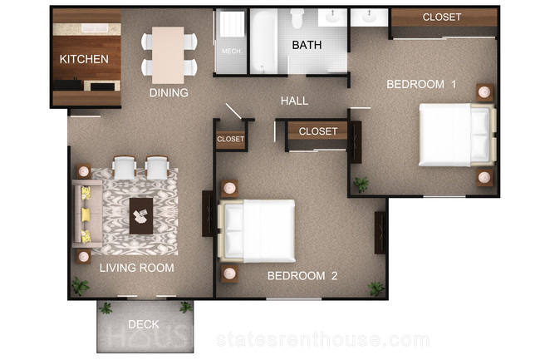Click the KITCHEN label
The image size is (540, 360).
coord(84,59)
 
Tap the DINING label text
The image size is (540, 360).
coord(169,92)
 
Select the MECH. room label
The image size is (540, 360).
coord(232,52)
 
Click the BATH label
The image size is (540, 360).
coord(307,45)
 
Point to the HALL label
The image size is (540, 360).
coord(294,101)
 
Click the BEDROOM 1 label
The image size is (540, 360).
coord(421,85)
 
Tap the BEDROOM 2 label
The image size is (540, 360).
coord(302,276)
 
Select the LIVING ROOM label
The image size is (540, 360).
coord(137,268)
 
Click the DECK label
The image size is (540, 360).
coord(144,324)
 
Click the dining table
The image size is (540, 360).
coord(168,55)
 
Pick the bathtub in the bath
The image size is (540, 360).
coord(263,42)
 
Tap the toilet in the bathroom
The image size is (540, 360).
coord(297,18)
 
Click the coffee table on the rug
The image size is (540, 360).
coord(141,216)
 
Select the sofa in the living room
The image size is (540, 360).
coord(86,214)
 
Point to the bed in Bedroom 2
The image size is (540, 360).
coord(257,231)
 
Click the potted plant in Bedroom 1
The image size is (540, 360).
coord(361,185)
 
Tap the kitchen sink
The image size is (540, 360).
coord(95,28)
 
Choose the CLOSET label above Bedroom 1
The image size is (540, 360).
coord(442,17)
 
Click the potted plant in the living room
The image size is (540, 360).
coord(80,287)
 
